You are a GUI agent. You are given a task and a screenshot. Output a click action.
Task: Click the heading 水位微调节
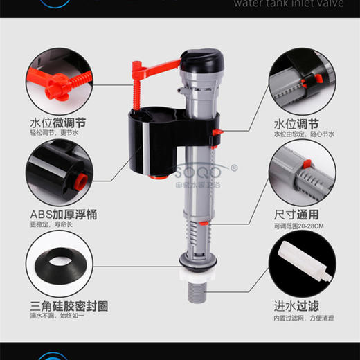58,123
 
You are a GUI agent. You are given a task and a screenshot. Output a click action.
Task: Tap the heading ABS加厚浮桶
63,215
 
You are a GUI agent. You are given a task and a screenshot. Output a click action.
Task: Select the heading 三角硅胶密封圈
68,305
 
